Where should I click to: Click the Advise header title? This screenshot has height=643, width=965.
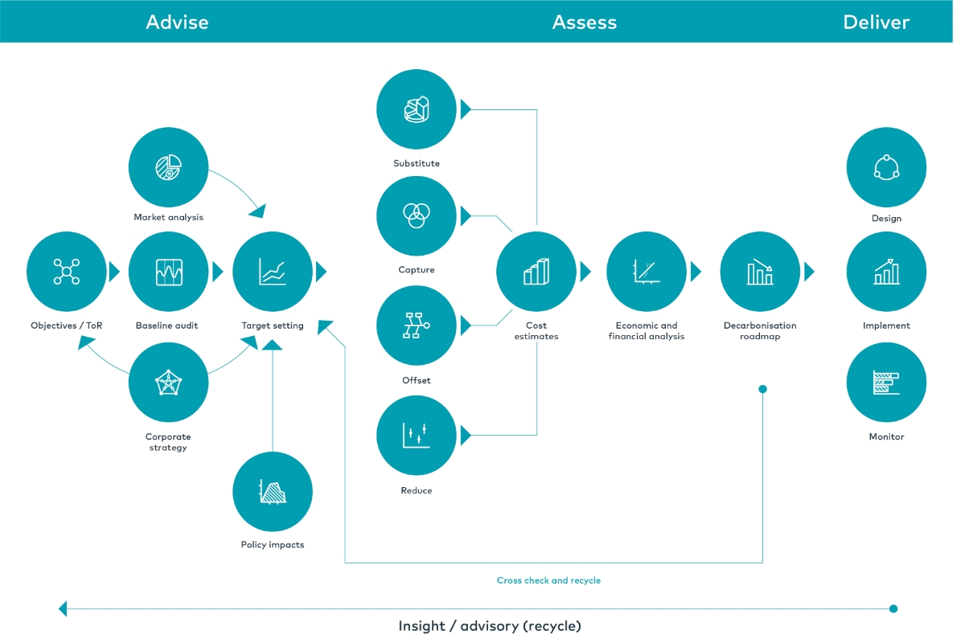(177, 22)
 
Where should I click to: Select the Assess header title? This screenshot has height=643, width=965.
(585, 22)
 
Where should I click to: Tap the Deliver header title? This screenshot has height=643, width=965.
(876, 22)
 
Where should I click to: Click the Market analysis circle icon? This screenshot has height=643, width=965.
(168, 167)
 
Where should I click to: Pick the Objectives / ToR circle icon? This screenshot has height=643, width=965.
(67, 272)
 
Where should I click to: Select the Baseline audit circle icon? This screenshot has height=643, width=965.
(168, 272)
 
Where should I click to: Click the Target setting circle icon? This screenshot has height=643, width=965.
(273, 272)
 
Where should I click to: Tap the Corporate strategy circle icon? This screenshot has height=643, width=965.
(168, 383)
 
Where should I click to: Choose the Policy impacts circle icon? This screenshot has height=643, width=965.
(273, 491)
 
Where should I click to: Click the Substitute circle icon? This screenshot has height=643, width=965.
(417, 109)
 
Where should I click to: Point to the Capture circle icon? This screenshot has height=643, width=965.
(417, 215)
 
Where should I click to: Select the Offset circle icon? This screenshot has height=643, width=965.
(417, 326)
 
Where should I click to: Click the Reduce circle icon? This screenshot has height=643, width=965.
(417, 435)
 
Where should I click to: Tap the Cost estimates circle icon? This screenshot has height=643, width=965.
(536, 272)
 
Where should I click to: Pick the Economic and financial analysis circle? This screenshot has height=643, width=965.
(647, 272)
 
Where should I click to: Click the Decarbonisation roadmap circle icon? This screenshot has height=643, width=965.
(760, 272)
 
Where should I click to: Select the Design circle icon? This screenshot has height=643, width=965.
(886, 167)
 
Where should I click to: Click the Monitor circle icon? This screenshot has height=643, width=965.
(886, 383)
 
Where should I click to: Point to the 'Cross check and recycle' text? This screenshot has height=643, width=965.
(548, 580)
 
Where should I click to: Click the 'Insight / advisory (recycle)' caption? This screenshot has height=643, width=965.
(489, 625)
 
